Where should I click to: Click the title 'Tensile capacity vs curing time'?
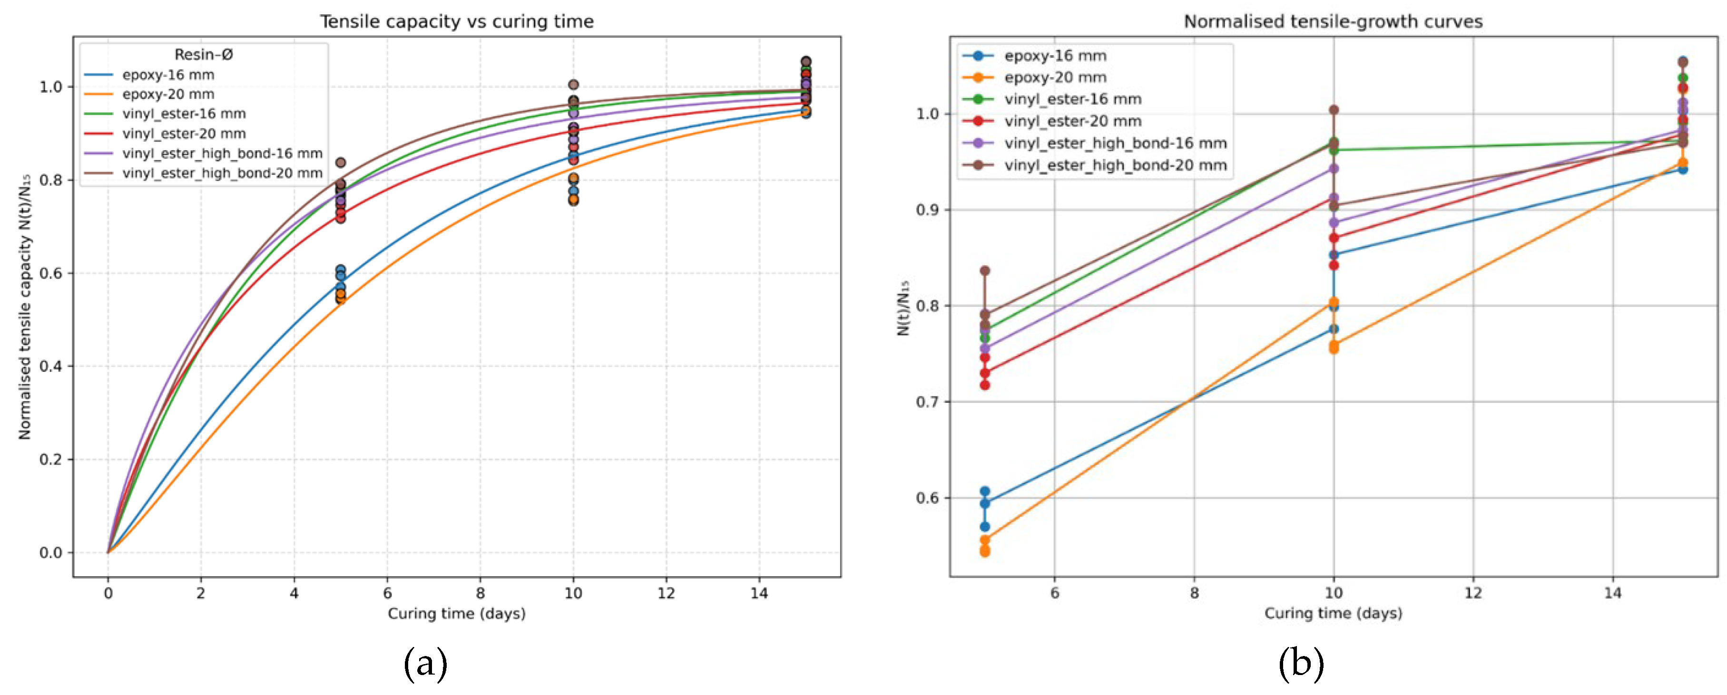point(457,21)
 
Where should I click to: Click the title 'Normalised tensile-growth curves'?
point(1333,21)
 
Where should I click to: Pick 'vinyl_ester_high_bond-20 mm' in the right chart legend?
point(1115,165)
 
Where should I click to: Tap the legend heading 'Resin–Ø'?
point(203,54)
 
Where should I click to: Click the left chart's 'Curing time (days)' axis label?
point(457,613)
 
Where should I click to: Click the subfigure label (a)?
point(425,664)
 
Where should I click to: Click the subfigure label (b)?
point(1301,664)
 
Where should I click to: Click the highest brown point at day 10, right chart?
point(1334,110)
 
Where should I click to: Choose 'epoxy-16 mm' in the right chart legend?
point(1055,56)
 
